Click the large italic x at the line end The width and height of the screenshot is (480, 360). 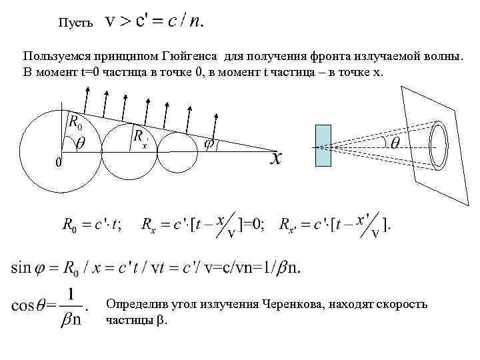(x=276, y=159)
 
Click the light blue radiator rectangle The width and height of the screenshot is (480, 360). (x=323, y=145)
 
